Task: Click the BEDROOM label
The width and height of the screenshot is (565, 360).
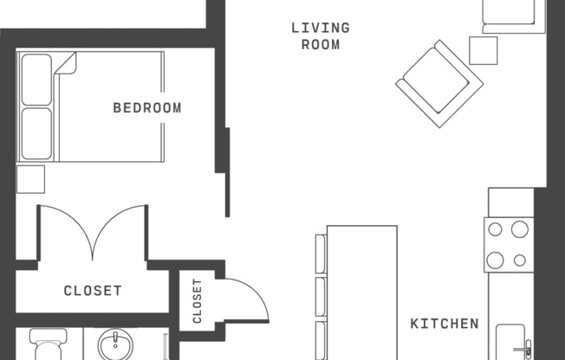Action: pyautogui.click(x=147, y=108)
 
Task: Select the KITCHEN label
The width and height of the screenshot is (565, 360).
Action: pyautogui.click(x=444, y=324)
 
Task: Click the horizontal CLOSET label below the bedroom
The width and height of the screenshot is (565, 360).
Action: pyautogui.click(x=93, y=291)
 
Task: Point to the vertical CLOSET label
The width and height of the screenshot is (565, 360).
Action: pyautogui.click(x=198, y=301)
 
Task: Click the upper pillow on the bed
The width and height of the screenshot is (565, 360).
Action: pyautogui.click(x=36, y=80)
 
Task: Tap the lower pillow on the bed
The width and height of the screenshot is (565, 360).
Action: pyautogui.click(x=36, y=132)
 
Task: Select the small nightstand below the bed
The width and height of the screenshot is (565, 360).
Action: pyautogui.click(x=29, y=178)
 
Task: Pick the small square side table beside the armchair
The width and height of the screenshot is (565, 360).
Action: pyautogui.click(x=484, y=49)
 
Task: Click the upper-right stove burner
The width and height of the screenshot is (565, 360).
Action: pyautogui.click(x=520, y=229)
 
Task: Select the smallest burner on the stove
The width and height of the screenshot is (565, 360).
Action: pyautogui.click(x=520, y=260)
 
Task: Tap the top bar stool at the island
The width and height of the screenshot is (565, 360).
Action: pyautogui.click(x=321, y=255)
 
